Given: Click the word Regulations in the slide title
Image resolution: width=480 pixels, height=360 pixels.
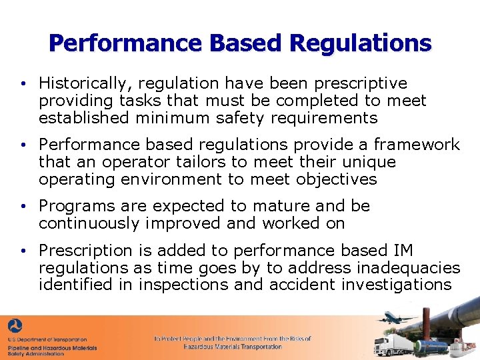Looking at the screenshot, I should point(360,43).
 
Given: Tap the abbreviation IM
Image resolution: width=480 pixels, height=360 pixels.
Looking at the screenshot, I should point(403,250).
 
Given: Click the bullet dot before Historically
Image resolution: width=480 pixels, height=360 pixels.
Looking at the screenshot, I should point(23,84).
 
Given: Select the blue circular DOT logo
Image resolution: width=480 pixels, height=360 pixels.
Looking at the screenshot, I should point(15,327).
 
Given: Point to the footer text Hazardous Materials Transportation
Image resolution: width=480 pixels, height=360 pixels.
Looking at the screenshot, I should point(233,347).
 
